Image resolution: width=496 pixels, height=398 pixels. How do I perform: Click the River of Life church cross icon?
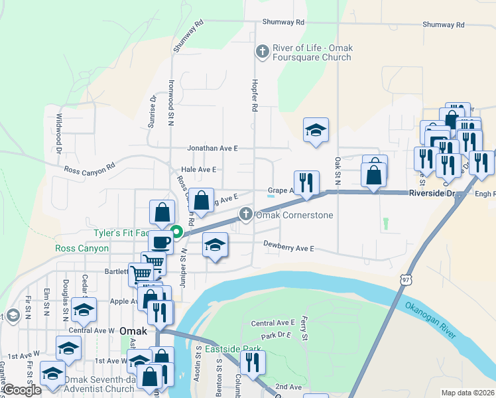[263, 51]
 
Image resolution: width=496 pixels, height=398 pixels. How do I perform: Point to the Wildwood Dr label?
[59, 133]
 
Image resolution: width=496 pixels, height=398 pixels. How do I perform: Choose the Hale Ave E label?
[200, 170]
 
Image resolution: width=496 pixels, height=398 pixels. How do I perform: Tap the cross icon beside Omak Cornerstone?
[246, 214]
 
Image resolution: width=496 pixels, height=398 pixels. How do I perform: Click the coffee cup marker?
[160, 242]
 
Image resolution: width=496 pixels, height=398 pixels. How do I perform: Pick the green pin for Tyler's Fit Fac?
[177, 232]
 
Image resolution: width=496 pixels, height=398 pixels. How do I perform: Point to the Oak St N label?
[338, 170]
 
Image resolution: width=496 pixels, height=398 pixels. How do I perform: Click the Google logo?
[22, 390]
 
